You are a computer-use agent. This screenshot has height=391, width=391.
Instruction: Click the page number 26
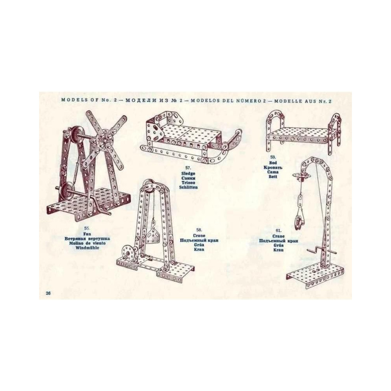click(x=48, y=293)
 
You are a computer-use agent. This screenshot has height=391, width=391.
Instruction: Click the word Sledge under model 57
click(x=188, y=173)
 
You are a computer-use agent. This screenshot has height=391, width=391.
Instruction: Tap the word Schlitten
click(x=188, y=187)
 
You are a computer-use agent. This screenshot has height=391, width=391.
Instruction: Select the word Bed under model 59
click(x=273, y=163)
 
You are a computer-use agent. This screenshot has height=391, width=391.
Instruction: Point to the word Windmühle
click(x=87, y=248)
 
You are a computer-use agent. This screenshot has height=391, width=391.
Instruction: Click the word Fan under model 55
click(x=87, y=234)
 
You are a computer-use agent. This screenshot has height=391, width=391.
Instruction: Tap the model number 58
click(x=199, y=230)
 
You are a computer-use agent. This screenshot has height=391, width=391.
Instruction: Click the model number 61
click(x=278, y=230)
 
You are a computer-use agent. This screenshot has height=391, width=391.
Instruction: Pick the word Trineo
click(x=188, y=183)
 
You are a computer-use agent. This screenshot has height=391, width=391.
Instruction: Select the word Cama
click(x=273, y=172)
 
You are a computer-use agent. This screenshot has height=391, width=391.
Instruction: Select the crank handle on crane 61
click(x=321, y=250)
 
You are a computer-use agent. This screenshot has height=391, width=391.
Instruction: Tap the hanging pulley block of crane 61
click(x=299, y=222)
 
